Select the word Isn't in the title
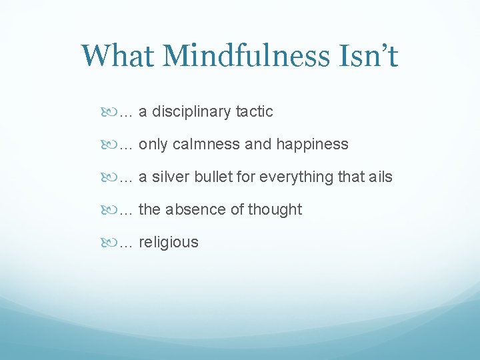point(367,55)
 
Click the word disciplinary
point(192,112)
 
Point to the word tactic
point(254,112)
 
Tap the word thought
point(275,210)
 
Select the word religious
point(168,243)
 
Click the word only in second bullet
point(153,145)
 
